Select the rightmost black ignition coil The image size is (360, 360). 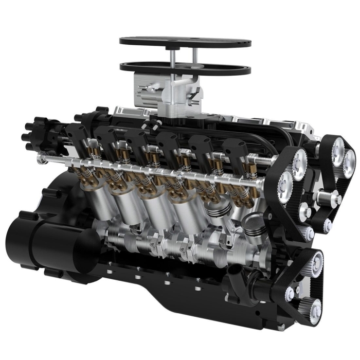click(x=234, y=149)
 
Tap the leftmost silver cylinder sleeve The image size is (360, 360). click(x=98, y=201)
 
